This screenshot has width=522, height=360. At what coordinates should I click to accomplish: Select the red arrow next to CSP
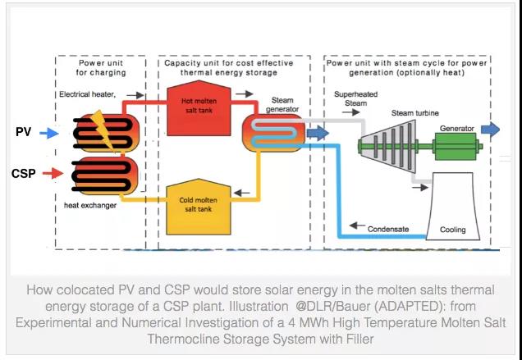(x=51, y=173)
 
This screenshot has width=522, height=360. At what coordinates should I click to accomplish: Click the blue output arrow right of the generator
(x=490, y=129)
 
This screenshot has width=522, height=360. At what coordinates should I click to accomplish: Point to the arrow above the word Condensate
(x=355, y=224)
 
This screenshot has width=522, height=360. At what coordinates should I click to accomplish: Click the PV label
(x=24, y=131)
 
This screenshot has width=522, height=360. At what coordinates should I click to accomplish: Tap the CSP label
(x=23, y=173)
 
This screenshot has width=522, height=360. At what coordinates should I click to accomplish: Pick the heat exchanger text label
(x=89, y=205)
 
